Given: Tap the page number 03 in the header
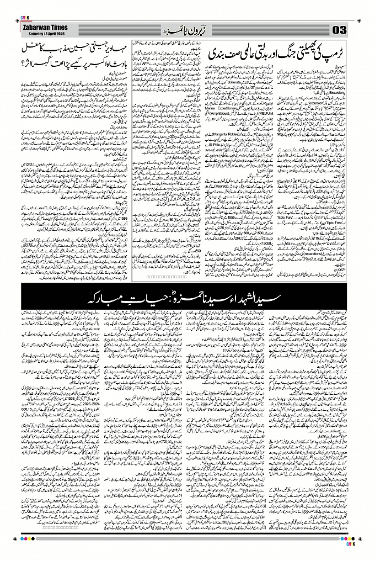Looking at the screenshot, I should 339,29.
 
